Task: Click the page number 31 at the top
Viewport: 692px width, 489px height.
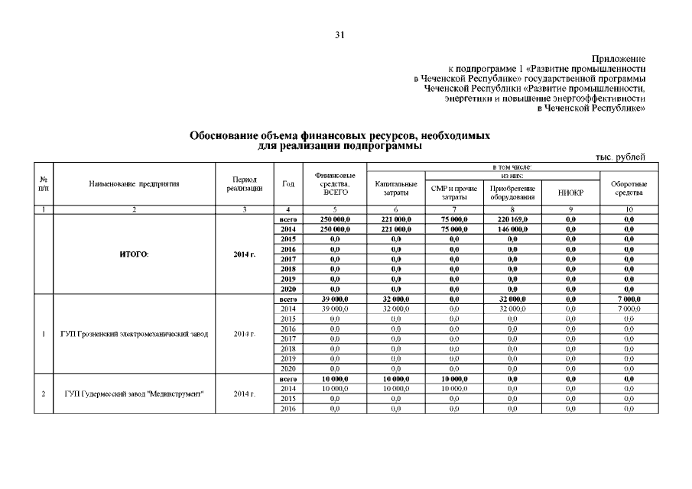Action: point(341,35)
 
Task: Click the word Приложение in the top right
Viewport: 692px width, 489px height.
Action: point(619,59)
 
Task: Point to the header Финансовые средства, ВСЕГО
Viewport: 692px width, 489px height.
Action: point(335,183)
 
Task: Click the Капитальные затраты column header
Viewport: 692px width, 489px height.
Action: point(396,188)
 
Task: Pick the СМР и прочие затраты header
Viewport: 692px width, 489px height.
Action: point(453,193)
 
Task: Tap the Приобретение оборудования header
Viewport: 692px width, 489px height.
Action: point(512,193)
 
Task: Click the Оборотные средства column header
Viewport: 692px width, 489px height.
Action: point(629,188)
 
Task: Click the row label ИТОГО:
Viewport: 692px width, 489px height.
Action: point(134,254)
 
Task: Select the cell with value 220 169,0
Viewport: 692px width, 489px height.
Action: point(512,219)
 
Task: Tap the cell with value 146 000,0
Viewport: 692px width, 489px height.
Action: point(512,228)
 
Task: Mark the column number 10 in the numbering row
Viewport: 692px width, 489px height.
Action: point(629,209)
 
